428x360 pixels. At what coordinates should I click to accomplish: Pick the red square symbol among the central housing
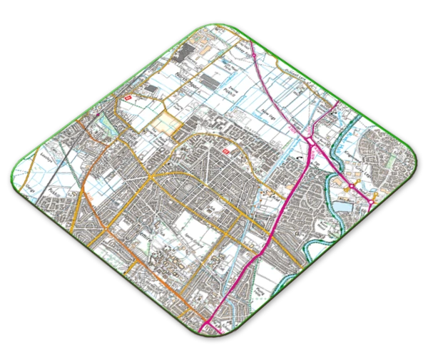pyautogui.click(x=227, y=152)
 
